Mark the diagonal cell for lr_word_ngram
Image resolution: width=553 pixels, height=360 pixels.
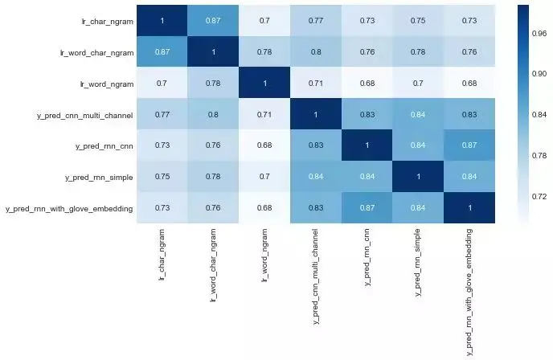pyautogui.click(x=264, y=83)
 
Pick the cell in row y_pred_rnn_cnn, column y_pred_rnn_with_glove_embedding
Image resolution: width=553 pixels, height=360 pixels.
pyautogui.click(x=469, y=145)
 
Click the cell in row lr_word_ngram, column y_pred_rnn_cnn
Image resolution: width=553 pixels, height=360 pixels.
pyautogui.click(x=367, y=83)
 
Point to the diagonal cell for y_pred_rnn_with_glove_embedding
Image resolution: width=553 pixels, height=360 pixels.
pyautogui.click(x=469, y=208)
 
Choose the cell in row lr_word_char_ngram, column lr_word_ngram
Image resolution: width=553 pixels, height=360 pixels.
pyautogui.click(x=264, y=51)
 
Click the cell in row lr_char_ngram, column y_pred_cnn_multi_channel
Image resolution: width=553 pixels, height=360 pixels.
pyautogui.click(x=316, y=20)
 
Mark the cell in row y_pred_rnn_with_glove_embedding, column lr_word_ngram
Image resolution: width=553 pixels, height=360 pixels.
pyautogui.click(x=264, y=208)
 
